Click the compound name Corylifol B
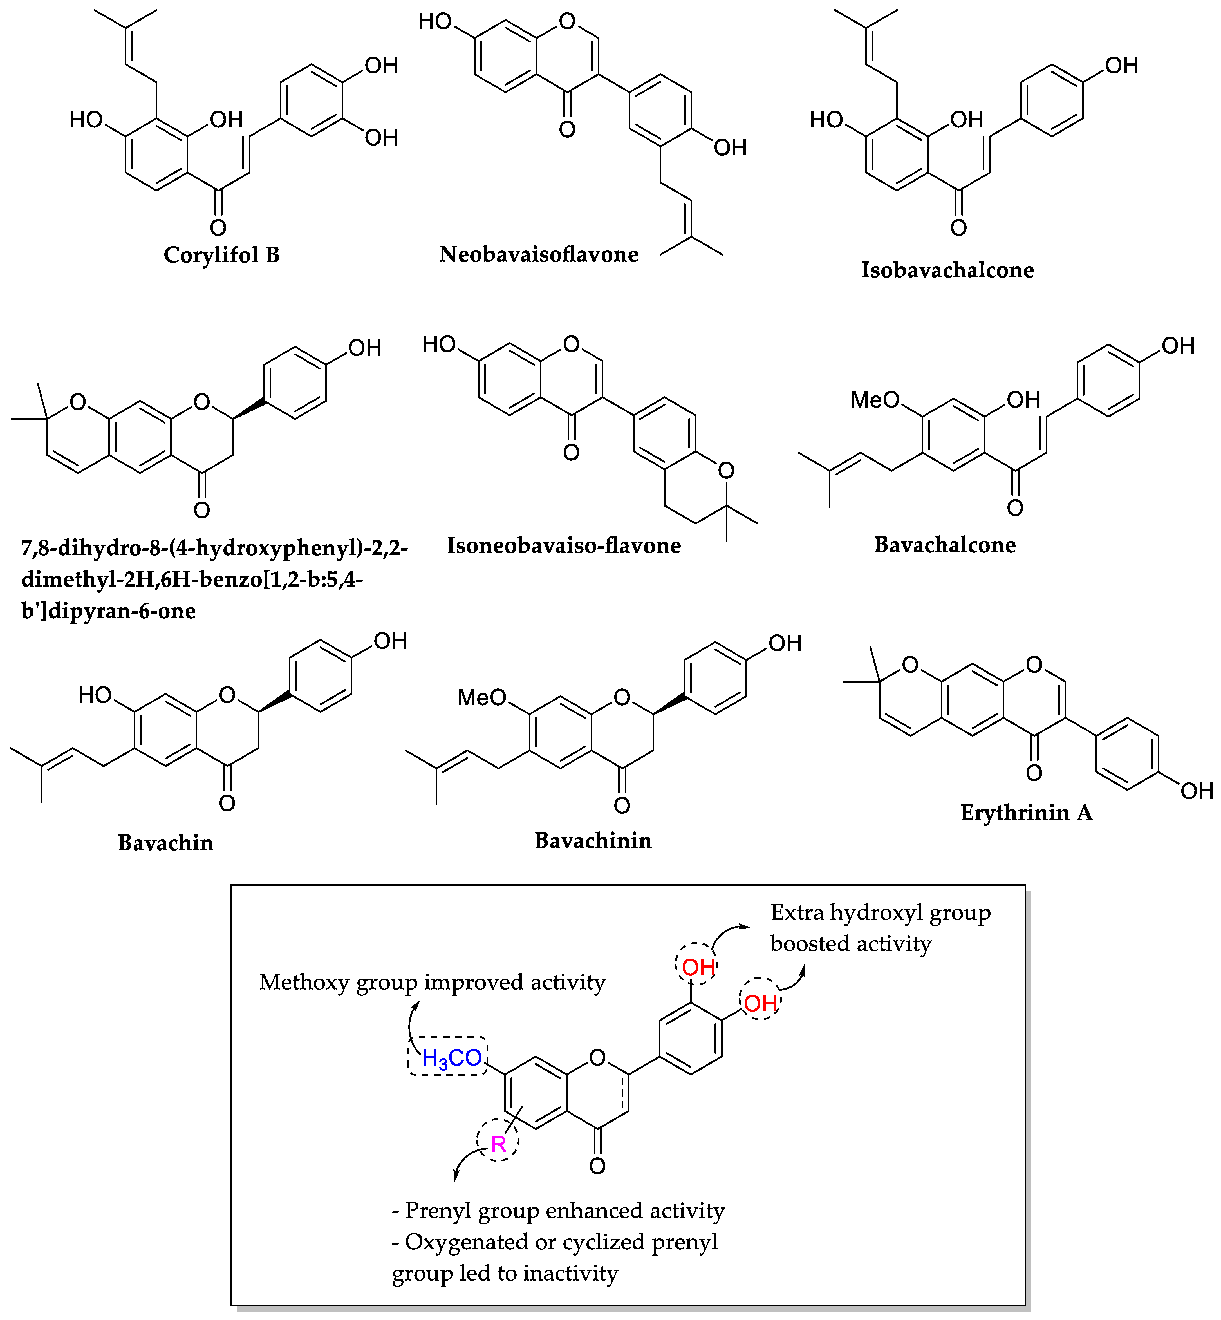221,255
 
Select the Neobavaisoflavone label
539,254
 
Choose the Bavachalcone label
945,544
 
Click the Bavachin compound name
165,843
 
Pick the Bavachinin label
593,840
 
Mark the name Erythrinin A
1026,812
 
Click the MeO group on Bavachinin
482,698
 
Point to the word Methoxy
304,983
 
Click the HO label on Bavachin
95,695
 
